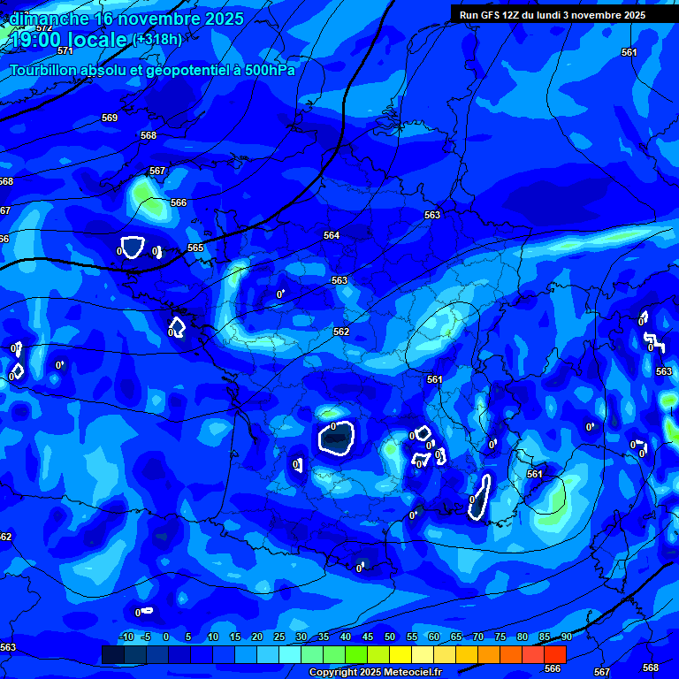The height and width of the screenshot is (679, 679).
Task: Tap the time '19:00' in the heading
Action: [x=40, y=39]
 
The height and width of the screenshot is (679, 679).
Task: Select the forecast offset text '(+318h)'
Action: [x=157, y=39]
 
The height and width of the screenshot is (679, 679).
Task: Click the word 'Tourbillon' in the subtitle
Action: [x=49, y=70]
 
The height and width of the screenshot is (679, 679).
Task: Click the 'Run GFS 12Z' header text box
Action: [x=553, y=15]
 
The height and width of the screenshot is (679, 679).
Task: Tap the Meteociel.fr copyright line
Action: [x=375, y=673]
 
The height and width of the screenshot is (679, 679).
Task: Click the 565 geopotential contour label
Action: [x=195, y=248]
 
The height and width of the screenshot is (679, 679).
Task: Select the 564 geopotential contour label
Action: [x=332, y=235]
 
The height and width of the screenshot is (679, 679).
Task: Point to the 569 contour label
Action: [x=110, y=118]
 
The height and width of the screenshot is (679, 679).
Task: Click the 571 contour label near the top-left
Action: [x=65, y=50]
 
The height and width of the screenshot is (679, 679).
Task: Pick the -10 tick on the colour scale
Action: [x=126, y=637]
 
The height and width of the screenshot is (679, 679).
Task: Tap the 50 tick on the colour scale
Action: [x=390, y=637]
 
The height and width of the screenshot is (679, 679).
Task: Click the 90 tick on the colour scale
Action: [x=566, y=637]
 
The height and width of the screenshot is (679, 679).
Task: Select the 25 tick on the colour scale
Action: [x=279, y=637]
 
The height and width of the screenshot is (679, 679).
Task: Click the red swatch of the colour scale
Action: [x=554, y=654]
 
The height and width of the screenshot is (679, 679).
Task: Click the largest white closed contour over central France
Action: [x=336, y=438]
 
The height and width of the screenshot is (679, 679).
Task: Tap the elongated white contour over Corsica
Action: [x=480, y=494]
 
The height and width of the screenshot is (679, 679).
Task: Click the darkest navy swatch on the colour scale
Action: [x=112, y=654]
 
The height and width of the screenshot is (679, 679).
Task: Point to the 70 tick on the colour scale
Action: [x=478, y=637]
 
